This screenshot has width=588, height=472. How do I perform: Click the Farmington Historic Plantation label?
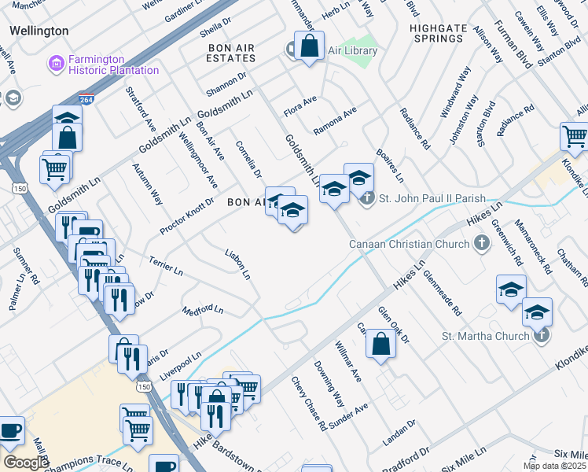click(x=113, y=64)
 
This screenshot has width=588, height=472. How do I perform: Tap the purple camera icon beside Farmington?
click(x=55, y=61)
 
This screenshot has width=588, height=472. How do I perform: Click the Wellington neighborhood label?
click(x=39, y=31)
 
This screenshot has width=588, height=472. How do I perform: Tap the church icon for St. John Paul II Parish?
click(x=367, y=198)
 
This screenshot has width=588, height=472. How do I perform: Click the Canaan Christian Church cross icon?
click(x=482, y=244)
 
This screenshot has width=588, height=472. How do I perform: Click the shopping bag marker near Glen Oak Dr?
click(x=380, y=344)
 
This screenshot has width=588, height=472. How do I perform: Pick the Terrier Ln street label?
click(x=166, y=265)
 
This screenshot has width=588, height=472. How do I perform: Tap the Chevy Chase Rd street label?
click(x=309, y=404)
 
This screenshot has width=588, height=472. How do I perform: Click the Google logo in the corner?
click(x=25, y=463)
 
